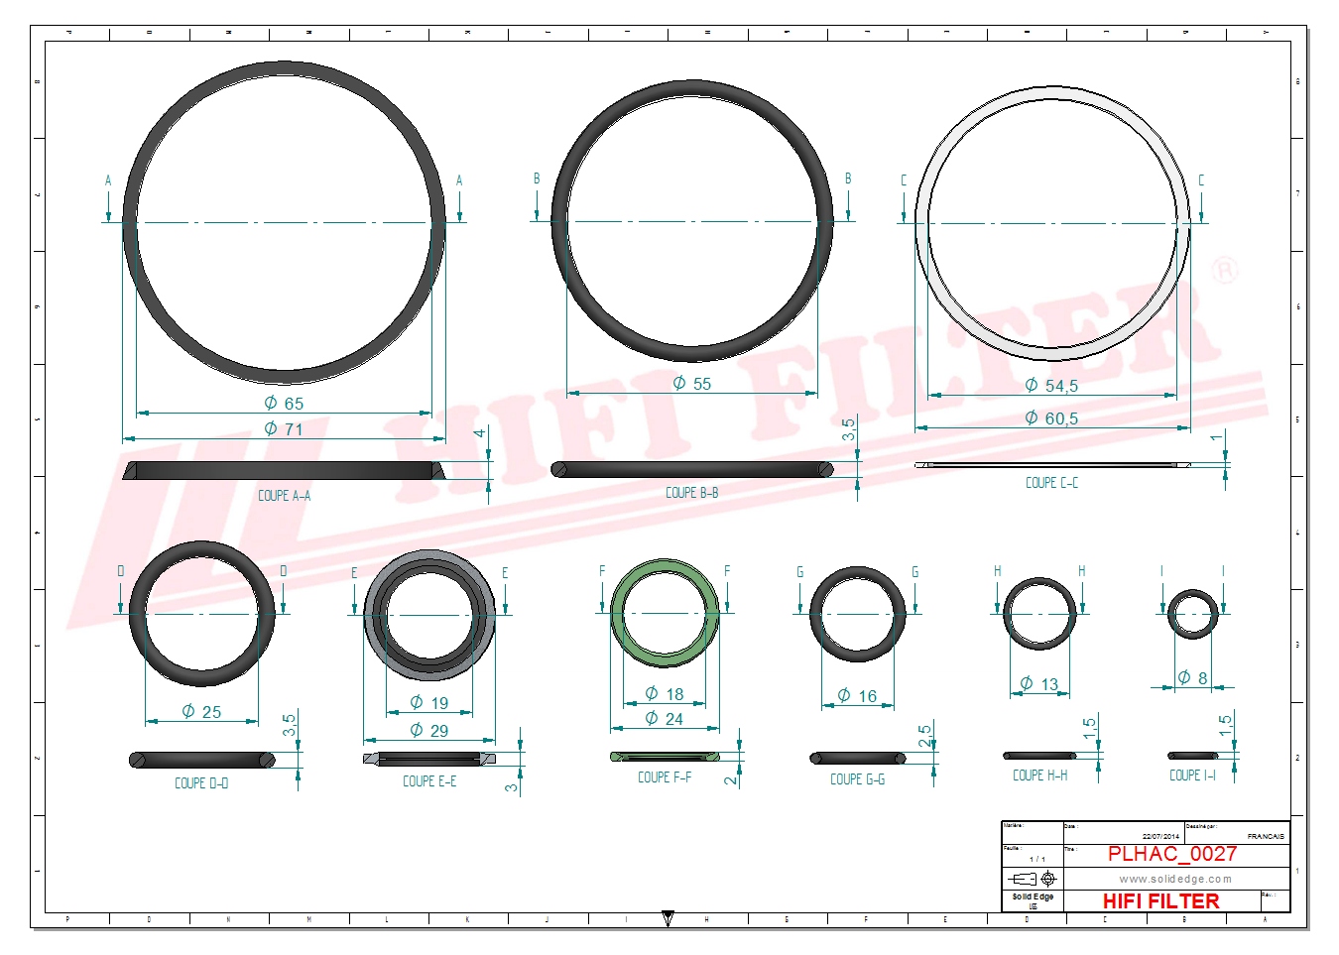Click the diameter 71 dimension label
tap(284, 429)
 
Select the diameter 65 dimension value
tap(284, 404)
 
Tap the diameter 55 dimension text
tap(692, 384)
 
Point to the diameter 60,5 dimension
tap(1051, 418)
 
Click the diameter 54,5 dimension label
tap(1051, 386)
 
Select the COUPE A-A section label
tap(284, 496)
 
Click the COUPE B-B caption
tap(691, 493)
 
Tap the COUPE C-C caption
tap(1051, 483)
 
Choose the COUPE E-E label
tap(429, 781)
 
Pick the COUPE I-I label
tap(1192, 776)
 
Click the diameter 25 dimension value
tap(201, 712)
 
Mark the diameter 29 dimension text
tap(429, 731)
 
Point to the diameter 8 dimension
tap(1193, 678)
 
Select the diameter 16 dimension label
tap(858, 696)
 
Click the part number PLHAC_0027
tap(1171, 854)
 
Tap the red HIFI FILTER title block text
tap(1160, 900)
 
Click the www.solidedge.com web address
tap(1175, 879)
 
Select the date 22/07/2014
tap(1160, 836)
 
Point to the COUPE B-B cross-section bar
tap(691, 469)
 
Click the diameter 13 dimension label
tap(1039, 684)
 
